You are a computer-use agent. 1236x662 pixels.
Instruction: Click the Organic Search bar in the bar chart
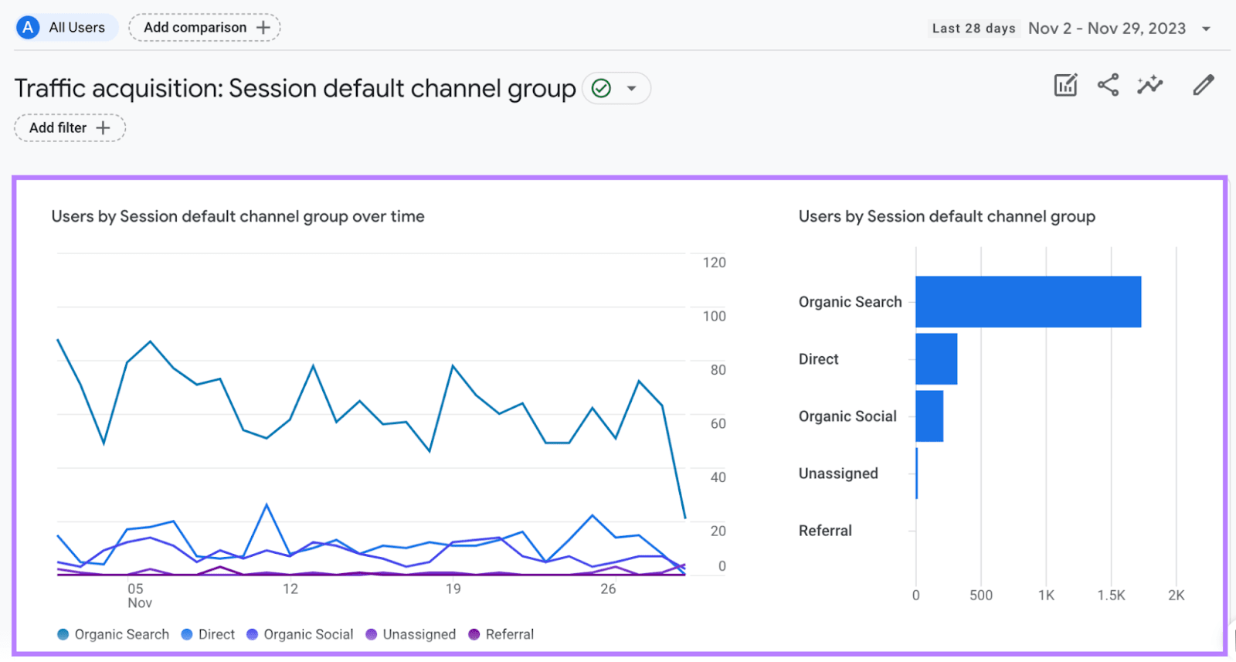tap(1027, 301)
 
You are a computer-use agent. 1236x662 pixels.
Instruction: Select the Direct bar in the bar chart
tap(936, 358)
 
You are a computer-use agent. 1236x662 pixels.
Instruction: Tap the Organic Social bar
tap(929, 416)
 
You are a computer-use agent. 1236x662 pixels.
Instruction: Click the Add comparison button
tap(205, 28)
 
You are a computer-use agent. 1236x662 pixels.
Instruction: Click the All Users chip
tap(66, 28)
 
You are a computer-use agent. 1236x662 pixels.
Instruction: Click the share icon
tap(1108, 85)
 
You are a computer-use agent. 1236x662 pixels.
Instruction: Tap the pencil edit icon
tap(1203, 85)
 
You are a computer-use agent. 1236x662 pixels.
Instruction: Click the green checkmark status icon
tap(601, 89)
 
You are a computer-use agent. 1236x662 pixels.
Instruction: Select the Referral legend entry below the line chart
tap(501, 634)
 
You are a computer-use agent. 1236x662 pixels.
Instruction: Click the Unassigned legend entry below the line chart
tap(411, 634)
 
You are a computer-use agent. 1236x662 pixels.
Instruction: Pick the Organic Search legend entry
tap(114, 634)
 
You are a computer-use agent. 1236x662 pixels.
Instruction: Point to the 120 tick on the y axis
tap(714, 263)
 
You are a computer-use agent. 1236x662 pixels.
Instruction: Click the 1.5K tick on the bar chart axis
tap(1111, 596)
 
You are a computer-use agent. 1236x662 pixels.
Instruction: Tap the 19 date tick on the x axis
tap(453, 589)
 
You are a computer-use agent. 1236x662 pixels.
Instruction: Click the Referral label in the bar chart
tap(825, 531)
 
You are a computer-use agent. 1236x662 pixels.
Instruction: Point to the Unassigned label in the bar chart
tap(838, 474)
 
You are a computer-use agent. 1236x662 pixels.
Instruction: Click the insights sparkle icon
tap(1149, 85)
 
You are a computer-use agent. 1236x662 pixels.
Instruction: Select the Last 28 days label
tap(973, 29)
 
